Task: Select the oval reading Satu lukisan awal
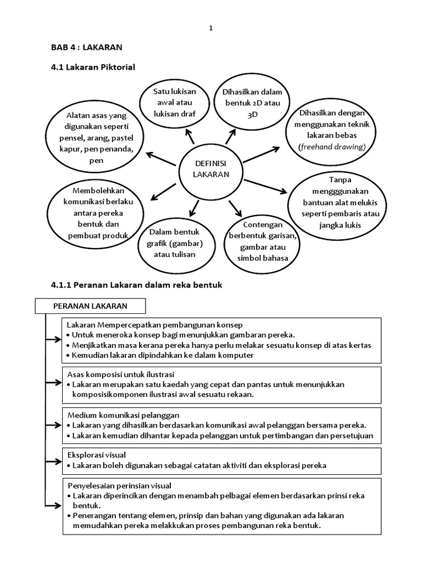(175, 103)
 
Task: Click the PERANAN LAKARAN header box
(90, 306)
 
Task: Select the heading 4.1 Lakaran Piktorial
(93, 67)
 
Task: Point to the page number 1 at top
(211, 29)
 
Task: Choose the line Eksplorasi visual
(97, 455)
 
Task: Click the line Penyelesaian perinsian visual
(120, 485)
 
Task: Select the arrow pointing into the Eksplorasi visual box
(53, 460)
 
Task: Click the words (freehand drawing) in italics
(332, 147)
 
